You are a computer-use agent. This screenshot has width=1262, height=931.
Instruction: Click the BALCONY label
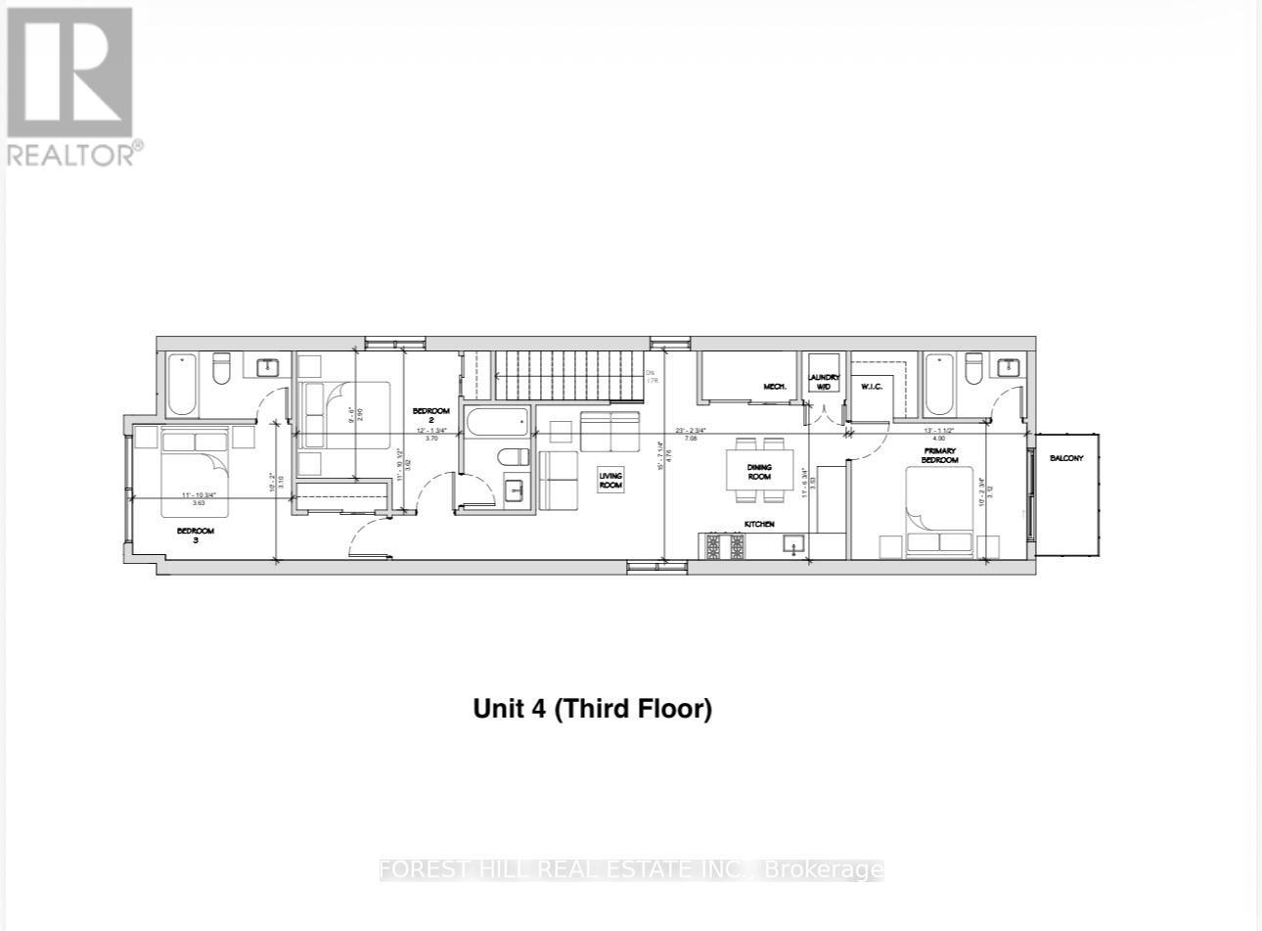(x=1066, y=458)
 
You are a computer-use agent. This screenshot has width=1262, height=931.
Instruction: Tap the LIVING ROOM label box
(x=610, y=481)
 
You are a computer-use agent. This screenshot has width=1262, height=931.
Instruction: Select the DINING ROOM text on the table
(x=759, y=472)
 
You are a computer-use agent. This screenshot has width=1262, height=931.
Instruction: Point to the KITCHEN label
(x=759, y=525)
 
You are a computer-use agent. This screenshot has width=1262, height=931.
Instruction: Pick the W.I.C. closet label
(x=872, y=387)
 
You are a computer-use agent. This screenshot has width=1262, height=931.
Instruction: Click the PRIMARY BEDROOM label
(x=938, y=455)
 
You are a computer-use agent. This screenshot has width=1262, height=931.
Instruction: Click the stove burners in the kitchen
(x=725, y=547)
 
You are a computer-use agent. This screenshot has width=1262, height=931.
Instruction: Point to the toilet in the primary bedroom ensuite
(x=973, y=369)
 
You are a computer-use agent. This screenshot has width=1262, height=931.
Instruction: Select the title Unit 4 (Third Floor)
(x=592, y=708)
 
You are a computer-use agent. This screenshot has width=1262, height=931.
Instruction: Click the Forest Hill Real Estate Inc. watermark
(x=631, y=869)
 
